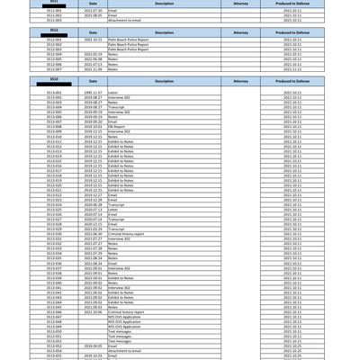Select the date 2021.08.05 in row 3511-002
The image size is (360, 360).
tap(93, 14)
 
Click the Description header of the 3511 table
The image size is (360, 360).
tap(164, 4)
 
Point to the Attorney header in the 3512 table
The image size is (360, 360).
tap(240, 31)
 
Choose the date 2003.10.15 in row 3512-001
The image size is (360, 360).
tap(93, 40)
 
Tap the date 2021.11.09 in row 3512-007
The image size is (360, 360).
tap(93, 69)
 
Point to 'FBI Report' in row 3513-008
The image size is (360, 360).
tap(117, 127)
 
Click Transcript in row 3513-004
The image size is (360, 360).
tap(116, 107)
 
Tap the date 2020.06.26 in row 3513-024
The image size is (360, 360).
tap(93, 204)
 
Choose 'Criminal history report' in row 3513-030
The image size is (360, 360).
tap(125, 233)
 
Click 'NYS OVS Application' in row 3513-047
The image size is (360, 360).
tap(124, 316)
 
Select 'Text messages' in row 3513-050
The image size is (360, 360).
tap(119, 330)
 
